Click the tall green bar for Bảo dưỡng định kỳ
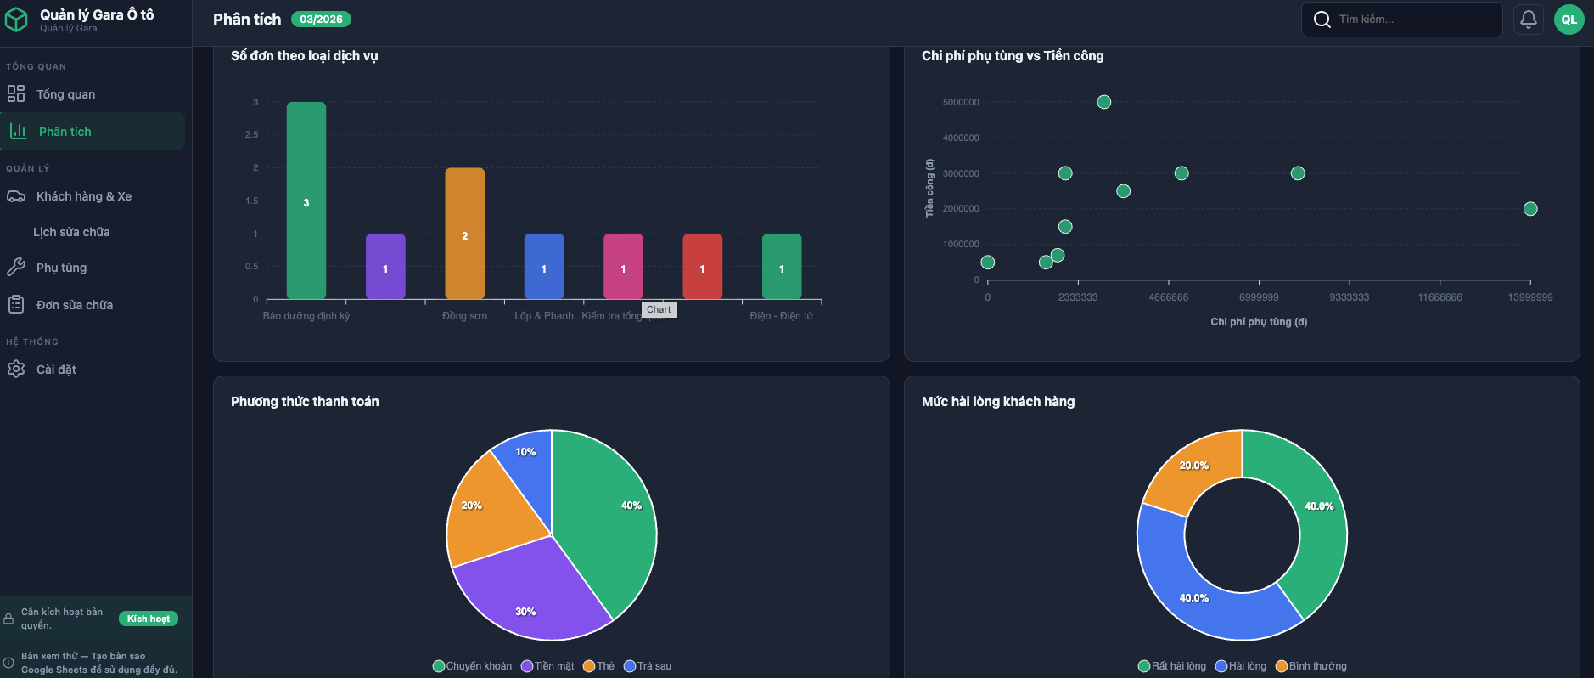tap(306, 200)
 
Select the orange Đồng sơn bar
tap(464, 233)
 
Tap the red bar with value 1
tap(702, 266)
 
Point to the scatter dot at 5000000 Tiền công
tap(1103, 102)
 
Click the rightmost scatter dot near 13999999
tap(1530, 209)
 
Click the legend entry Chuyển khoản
tap(473, 666)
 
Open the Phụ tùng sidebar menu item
tap(61, 268)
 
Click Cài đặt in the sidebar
tap(56, 370)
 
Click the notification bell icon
tap(1528, 19)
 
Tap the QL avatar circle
tap(1569, 19)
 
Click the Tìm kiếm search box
tap(1409, 19)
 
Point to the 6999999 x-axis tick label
tap(1259, 297)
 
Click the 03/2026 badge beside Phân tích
tap(321, 19)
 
